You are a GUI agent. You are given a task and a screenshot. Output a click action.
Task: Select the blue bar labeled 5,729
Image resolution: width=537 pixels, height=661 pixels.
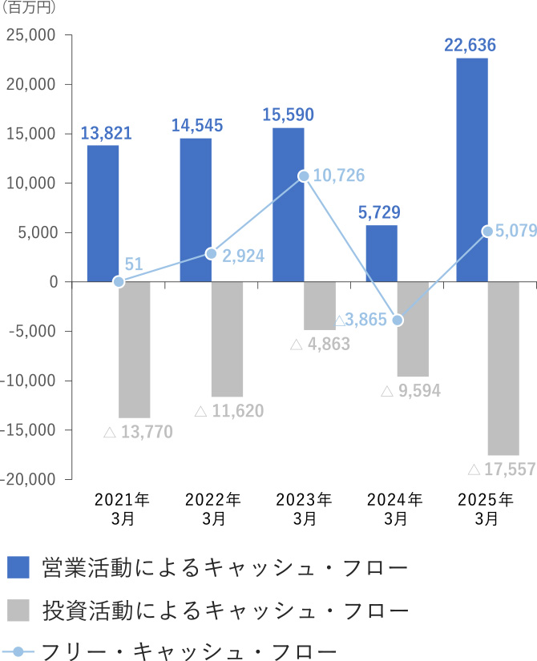coord(382,253)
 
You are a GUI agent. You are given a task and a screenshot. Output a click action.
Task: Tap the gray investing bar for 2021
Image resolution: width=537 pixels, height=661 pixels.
coord(135,349)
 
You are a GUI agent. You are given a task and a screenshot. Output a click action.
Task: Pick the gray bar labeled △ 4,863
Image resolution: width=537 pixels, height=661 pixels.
coord(320,305)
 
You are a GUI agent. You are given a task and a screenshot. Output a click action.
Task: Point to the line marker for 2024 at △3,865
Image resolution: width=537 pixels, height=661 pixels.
coord(398,320)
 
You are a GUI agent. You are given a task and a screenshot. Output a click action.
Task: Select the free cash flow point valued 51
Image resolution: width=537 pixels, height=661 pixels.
coord(119,282)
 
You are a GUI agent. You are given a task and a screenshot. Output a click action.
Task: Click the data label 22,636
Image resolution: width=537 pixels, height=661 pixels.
coord(470,44)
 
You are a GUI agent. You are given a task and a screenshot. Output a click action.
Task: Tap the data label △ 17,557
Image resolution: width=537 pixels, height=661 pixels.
coord(500,470)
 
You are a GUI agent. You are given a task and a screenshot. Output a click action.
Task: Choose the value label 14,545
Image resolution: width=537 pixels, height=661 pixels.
coord(196,125)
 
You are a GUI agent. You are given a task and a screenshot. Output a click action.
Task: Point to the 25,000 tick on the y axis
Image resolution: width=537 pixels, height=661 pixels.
coord(30,35)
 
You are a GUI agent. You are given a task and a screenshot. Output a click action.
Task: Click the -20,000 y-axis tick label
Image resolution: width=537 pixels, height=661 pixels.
coord(28,479)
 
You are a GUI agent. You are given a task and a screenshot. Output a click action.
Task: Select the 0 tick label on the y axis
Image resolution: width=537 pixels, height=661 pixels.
coord(54,282)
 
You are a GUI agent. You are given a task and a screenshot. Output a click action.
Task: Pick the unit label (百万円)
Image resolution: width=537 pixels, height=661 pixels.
coord(29,10)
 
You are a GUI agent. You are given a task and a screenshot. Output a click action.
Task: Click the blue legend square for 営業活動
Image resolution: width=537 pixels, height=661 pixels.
coord(18,567)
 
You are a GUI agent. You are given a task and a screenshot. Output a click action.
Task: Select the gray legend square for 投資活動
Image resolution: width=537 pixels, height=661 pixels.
coord(18,610)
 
